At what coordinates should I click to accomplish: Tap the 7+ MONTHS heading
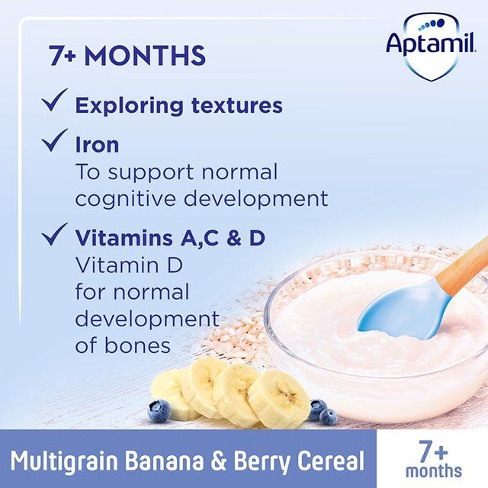coord(127,56)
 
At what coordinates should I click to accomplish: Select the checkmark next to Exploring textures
coord(55,102)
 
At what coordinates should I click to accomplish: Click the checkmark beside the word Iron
coord(55,141)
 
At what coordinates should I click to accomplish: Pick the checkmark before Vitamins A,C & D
coord(55,236)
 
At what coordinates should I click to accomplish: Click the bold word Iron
coord(97,145)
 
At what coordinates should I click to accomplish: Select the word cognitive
coord(130,198)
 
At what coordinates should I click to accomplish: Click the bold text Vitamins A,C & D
coord(169,238)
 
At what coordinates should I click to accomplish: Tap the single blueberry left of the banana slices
coord(159,410)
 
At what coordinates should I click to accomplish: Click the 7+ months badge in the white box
coord(432,459)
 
